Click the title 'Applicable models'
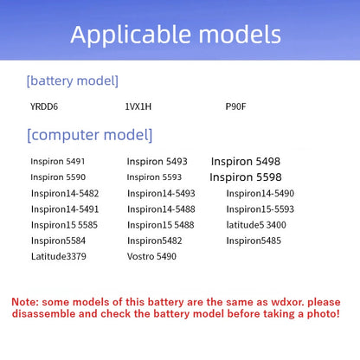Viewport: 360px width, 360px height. click(176, 35)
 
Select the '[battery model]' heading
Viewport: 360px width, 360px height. click(73, 80)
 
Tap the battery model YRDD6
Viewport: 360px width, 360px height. click(44, 106)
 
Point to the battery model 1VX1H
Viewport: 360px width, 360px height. click(138, 106)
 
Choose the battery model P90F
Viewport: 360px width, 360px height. click(235, 106)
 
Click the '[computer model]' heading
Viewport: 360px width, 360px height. click(89, 135)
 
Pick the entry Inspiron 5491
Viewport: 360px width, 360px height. click(58, 161)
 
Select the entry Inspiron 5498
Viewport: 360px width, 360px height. click(246, 162)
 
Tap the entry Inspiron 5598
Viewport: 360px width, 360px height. click(246, 177)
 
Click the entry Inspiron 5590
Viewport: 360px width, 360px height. click(58, 177)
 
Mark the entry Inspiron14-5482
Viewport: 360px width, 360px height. click(65, 193)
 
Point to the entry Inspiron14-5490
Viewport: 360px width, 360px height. click(260, 193)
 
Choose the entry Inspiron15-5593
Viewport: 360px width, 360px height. click(260, 209)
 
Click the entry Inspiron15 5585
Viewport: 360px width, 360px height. click(64, 225)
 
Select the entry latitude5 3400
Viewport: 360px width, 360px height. click(256, 225)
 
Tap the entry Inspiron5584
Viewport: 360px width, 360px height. click(58, 241)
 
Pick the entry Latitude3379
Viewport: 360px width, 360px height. click(59, 256)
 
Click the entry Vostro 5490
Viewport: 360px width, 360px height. click(151, 256)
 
